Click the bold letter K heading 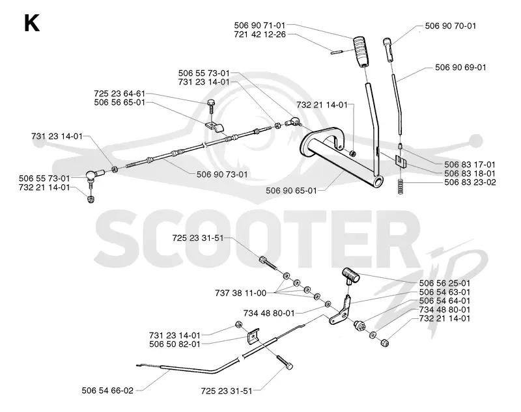click(32, 23)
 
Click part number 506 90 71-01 click(259, 25)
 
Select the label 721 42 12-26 click(259, 34)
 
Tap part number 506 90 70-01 click(450, 25)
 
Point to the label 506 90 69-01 click(460, 67)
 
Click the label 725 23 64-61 click(120, 93)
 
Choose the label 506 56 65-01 click(120, 102)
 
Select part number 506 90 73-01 click(222, 174)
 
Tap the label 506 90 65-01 click(291, 191)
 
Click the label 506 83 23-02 click(470, 182)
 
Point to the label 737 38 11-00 click(240, 293)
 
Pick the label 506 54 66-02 click(107, 391)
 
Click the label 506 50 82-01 click(175, 344)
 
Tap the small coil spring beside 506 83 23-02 click(401, 187)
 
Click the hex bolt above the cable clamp click(211, 108)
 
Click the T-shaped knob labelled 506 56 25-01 click(350, 275)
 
